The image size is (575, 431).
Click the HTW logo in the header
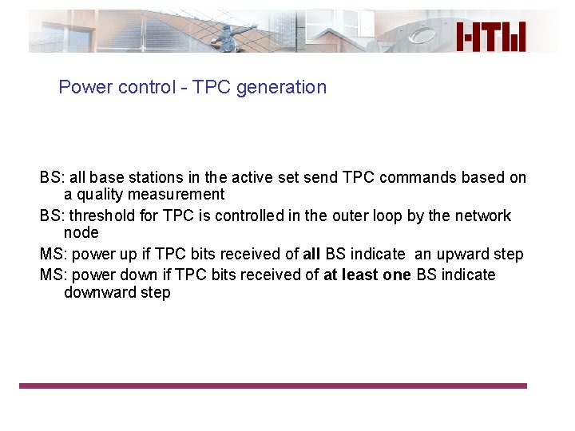tap(491, 37)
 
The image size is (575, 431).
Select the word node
tap(81, 233)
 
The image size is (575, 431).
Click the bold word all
tap(312, 254)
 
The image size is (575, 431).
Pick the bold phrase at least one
tap(368, 275)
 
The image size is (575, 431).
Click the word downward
tap(99, 292)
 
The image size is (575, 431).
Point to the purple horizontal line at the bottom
tap(273, 386)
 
